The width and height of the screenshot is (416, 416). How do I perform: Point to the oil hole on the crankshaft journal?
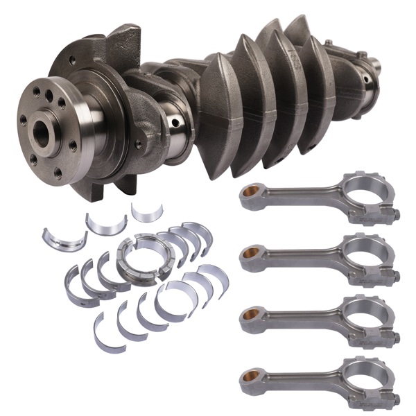click(175, 123)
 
